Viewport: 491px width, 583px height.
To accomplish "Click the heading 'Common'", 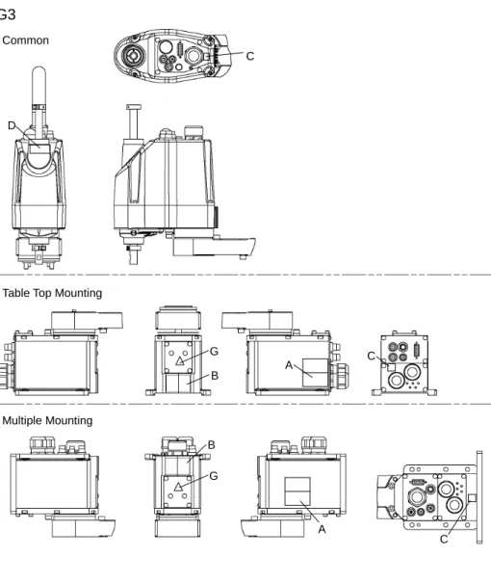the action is (x=26, y=40).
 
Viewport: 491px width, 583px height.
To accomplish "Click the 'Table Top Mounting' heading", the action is (x=52, y=293).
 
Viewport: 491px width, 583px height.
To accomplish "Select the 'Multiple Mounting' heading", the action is (x=47, y=420).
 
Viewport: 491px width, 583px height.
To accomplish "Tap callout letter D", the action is (x=12, y=125).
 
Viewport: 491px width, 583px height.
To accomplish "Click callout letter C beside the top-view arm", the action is (x=250, y=56).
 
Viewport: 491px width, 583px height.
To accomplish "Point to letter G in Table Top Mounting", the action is (x=214, y=352).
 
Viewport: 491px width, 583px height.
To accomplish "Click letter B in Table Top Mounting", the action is (x=215, y=376).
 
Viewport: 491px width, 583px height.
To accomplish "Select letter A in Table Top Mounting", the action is (x=289, y=365).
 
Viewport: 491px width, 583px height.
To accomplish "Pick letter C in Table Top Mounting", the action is (x=371, y=356).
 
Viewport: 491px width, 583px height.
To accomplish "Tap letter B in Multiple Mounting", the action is (x=212, y=444).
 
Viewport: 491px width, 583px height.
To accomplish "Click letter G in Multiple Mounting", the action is (x=214, y=476).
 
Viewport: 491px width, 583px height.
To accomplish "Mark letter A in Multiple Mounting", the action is (x=322, y=529).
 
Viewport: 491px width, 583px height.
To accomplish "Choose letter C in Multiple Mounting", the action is (x=444, y=539).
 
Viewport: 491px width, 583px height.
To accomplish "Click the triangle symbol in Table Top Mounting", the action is (x=180, y=361).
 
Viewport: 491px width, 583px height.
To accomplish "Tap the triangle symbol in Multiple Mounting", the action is (x=178, y=487).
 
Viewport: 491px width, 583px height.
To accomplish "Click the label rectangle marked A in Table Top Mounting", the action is (x=316, y=373).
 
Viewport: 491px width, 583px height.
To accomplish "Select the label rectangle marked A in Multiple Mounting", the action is (x=297, y=491).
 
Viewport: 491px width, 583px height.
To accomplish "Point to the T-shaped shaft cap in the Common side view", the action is (x=134, y=108).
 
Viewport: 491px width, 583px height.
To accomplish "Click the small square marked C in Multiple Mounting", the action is (x=473, y=498).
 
